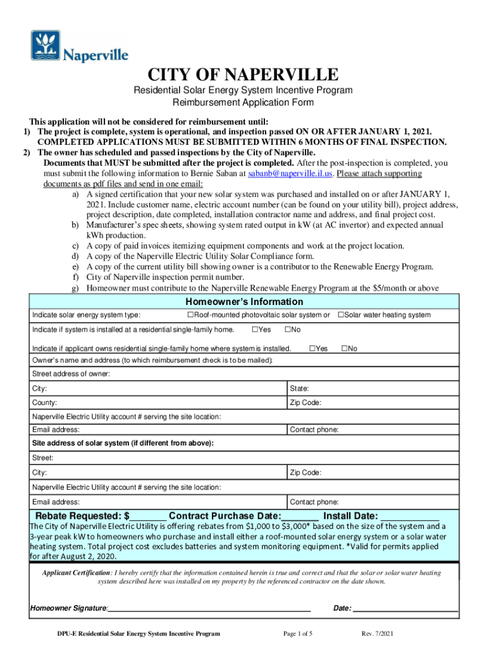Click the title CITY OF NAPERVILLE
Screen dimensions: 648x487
coord(243,74)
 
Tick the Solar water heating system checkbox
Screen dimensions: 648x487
coord(340,315)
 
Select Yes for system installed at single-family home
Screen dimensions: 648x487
coord(255,330)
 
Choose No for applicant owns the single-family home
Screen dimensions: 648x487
coord(344,349)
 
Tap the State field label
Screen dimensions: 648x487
coord(299,389)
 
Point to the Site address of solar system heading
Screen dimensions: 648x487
coord(123,443)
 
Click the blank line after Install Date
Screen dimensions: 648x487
coord(410,516)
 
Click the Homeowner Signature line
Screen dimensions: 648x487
coord(209,608)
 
